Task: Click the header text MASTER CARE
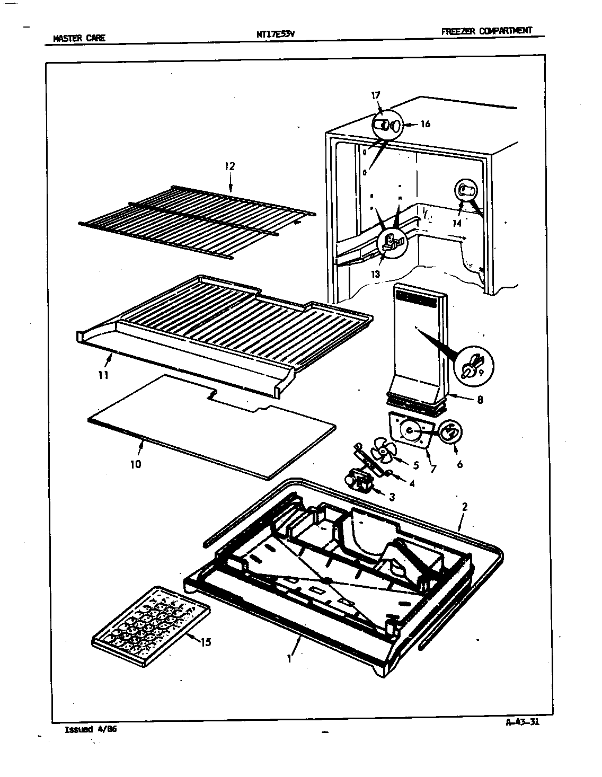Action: pyautogui.click(x=79, y=38)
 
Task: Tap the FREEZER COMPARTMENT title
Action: pyautogui.click(x=486, y=31)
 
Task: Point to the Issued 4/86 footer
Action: pyautogui.click(x=90, y=729)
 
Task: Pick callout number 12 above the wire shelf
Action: pyautogui.click(x=229, y=166)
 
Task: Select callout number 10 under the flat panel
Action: pyautogui.click(x=136, y=464)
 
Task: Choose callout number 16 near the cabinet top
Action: pyautogui.click(x=425, y=125)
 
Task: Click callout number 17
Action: pyautogui.click(x=376, y=96)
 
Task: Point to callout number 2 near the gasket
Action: pyautogui.click(x=464, y=507)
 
